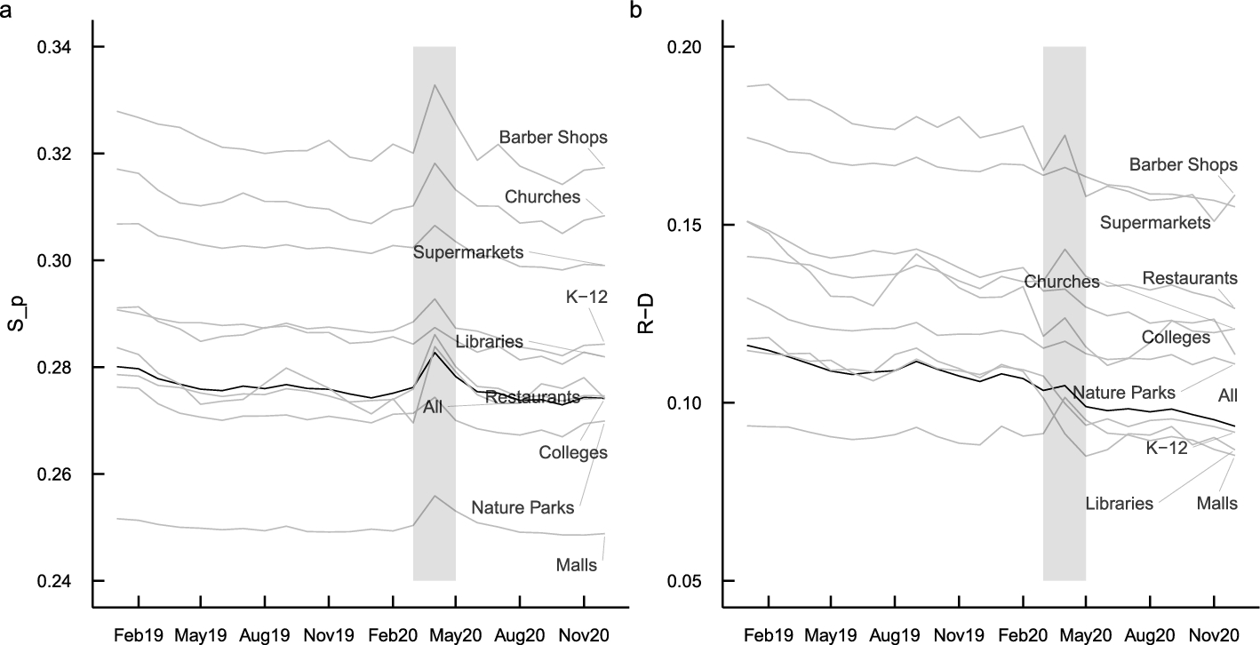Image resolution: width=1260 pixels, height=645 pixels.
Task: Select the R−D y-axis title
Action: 646,314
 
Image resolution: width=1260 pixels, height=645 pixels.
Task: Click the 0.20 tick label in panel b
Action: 690,47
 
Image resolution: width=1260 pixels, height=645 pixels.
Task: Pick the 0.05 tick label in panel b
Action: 690,581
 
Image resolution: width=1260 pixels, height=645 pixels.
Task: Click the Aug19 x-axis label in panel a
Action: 266,636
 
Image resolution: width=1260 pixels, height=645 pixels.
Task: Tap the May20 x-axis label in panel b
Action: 1086,636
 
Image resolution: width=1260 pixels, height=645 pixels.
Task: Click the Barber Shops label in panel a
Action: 553,138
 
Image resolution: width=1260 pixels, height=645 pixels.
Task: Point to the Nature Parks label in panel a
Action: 522,509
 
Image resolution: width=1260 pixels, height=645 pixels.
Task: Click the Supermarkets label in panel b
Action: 1155,221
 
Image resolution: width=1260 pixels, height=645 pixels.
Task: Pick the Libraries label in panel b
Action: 1119,504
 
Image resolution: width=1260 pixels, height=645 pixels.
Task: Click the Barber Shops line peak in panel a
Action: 435,85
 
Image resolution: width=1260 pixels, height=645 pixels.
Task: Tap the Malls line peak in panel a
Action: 435,496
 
